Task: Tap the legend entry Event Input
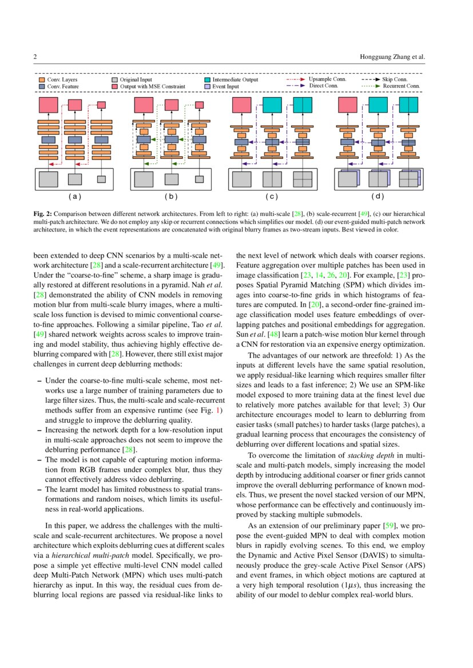[227, 86]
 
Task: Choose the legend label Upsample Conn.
[327, 79]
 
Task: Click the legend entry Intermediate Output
[235, 80]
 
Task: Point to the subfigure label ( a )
[75, 197]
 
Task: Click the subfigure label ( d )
[377, 197]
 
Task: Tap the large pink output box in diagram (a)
[49, 105]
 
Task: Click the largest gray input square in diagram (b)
[144, 179]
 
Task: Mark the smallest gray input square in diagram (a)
[101, 179]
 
